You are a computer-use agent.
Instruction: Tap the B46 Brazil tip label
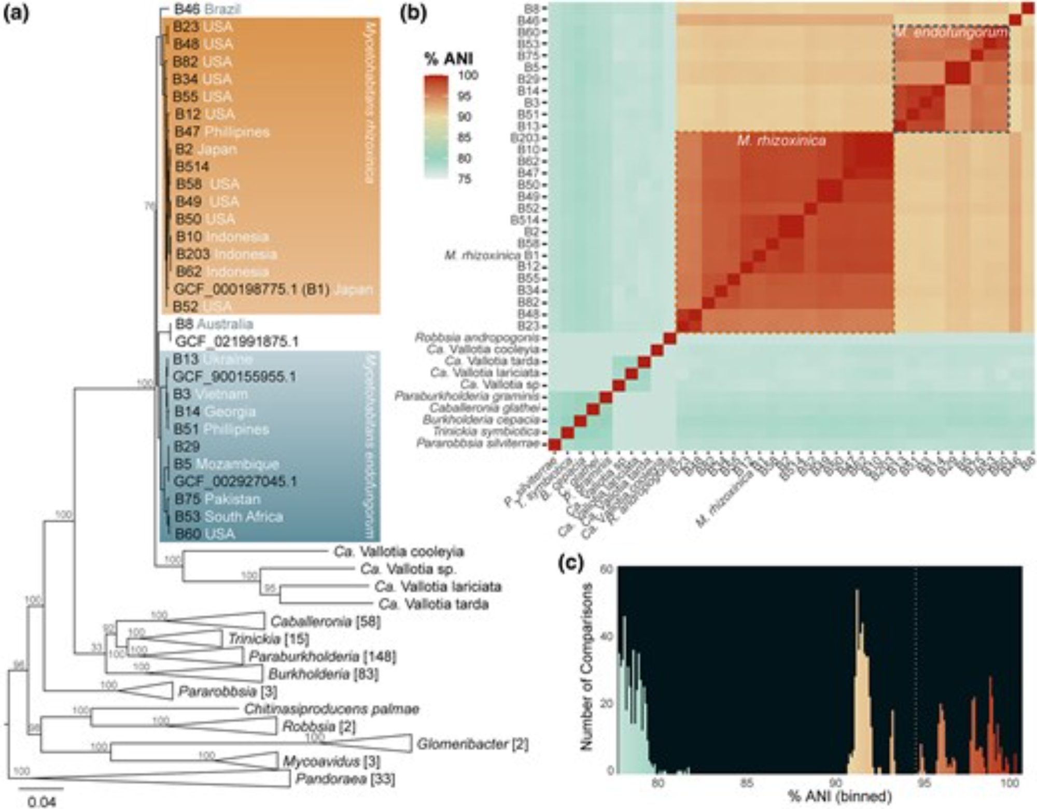[207, 9]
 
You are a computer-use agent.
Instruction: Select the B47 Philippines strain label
[222, 132]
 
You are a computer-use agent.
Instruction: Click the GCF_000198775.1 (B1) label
[252, 289]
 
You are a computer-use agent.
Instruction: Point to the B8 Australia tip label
[214, 324]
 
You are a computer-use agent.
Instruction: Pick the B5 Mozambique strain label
[227, 464]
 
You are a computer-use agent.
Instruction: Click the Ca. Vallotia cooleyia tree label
[399, 551]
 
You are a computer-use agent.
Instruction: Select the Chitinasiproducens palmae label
[332, 708]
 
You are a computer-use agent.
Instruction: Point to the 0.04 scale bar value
[41, 802]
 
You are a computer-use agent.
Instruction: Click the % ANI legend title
[449, 59]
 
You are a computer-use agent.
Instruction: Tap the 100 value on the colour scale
[468, 76]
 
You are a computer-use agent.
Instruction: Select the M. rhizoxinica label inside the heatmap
[781, 140]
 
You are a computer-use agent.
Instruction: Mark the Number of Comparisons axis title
[586, 666]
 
